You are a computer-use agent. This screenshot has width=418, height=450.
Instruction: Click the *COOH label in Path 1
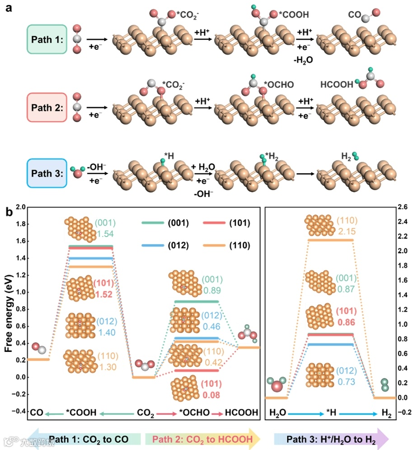tap(294, 15)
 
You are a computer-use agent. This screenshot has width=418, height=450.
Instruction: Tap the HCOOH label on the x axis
tap(244, 412)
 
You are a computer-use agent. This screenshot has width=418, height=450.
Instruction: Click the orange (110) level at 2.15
tap(330, 240)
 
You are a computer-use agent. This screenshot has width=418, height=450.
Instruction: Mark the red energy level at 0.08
tap(197, 370)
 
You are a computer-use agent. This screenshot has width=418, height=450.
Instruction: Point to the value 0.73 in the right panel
tap(347, 382)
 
